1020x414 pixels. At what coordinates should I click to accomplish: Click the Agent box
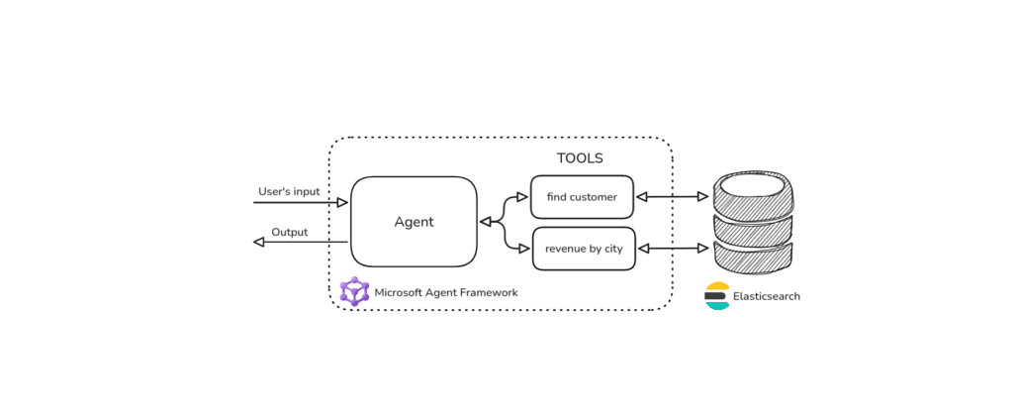(x=414, y=222)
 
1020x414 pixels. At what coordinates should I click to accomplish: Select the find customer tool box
(x=582, y=197)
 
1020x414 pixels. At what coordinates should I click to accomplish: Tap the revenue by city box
(x=584, y=249)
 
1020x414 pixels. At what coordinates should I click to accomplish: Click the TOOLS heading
(x=579, y=158)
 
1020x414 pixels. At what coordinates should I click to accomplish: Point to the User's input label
(x=289, y=190)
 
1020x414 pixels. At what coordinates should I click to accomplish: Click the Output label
(x=290, y=232)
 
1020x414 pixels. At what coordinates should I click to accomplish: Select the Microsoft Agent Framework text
(x=445, y=292)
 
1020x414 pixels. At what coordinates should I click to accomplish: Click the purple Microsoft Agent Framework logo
(x=354, y=291)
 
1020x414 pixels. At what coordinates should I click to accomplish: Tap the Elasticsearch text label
(x=766, y=296)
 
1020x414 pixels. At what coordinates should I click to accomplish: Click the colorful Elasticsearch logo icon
(x=717, y=296)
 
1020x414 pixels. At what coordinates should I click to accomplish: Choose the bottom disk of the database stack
(x=755, y=259)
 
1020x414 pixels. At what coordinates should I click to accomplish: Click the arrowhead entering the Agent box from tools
(x=486, y=222)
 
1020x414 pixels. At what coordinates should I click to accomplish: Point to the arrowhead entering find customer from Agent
(x=523, y=197)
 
